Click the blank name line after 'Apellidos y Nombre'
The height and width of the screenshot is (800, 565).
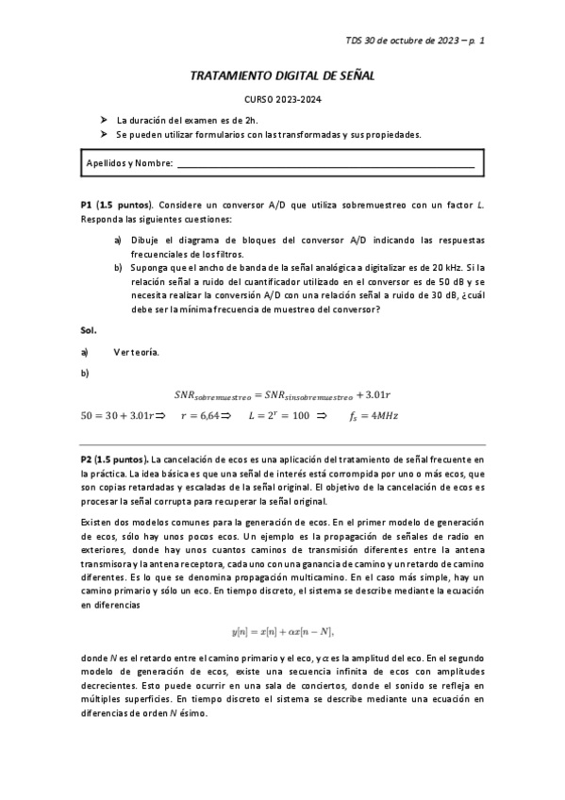click(x=325, y=164)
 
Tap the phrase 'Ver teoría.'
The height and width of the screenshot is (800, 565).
click(x=136, y=352)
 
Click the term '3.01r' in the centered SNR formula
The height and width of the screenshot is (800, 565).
click(x=377, y=394)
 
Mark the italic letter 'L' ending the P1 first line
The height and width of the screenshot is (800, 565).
click(x=480, y=205)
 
